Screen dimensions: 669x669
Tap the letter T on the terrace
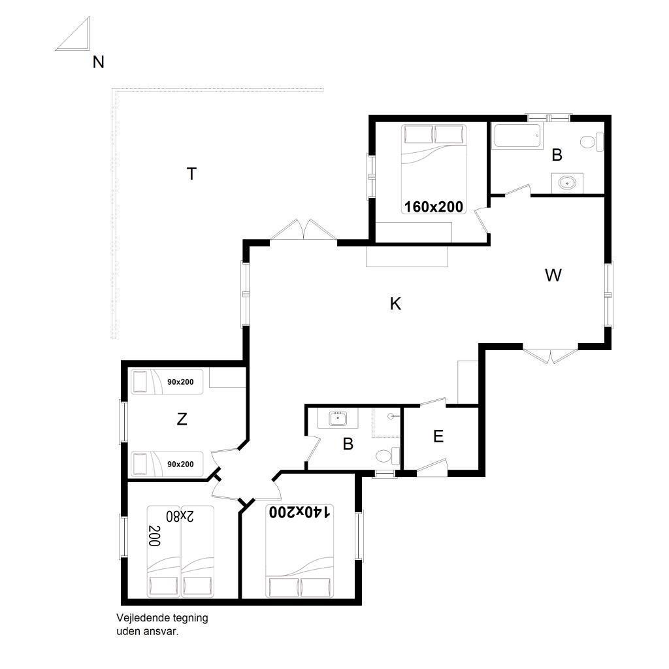(x=191, y=174)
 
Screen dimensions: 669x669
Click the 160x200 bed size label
(x=434, y=207)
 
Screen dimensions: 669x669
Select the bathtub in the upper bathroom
(x=517, y=136)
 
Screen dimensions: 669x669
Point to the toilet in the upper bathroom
(x=592, y=142)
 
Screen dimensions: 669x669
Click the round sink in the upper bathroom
(x=567, y=184)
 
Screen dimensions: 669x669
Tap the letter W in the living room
(x=553, y=276)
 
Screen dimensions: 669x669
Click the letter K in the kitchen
(x=395, y=304)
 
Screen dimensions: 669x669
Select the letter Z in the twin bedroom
(x=182, y=419)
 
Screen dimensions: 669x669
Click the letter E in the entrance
(x=438, y=436)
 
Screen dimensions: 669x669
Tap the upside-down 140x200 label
(x=299, y=512)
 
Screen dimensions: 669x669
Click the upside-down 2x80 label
(x=180, y=516)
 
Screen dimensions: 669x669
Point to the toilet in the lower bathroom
(x=387, y=456)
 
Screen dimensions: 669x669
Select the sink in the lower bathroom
(x=338, y=419)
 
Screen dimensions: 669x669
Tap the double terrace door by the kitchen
(x=304, y=231)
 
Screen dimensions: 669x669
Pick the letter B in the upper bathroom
(x=557, y=155)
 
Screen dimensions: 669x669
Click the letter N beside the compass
(x=99, y=62)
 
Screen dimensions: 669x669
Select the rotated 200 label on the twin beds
(x=154, y=536)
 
